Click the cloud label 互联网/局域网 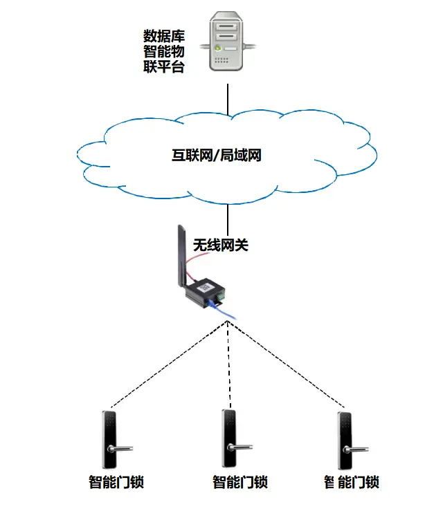click(x=217, y=156)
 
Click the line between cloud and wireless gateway click(x=228, y=214)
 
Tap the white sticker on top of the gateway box click(x=206, y=286)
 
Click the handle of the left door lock click(x=119, y=450)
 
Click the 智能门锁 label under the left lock click(x=116, y=482)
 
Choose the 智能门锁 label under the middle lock click(x=239, y=482)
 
